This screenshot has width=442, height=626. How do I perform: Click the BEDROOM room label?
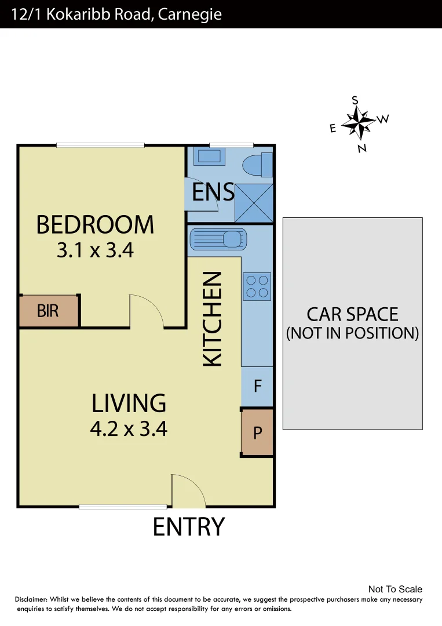[95, 225]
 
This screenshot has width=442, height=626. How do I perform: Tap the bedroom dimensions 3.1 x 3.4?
[95, 250]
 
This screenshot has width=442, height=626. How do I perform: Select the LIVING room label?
[129, 403]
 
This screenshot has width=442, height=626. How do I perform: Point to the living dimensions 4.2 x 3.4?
[129, 429]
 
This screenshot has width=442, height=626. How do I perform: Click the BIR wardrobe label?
[48, 311]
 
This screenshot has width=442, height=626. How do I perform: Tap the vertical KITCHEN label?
[213, 319]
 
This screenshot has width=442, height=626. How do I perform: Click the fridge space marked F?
[257, 386]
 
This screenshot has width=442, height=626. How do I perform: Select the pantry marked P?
[257, 432]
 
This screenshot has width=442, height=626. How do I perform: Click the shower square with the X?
[253, 202]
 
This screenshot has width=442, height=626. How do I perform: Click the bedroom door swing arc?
[148, 310]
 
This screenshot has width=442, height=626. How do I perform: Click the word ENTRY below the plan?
[188, 527]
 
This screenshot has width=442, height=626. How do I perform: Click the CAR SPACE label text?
[352, 315]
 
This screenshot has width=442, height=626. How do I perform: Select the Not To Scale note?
[395, 589]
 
